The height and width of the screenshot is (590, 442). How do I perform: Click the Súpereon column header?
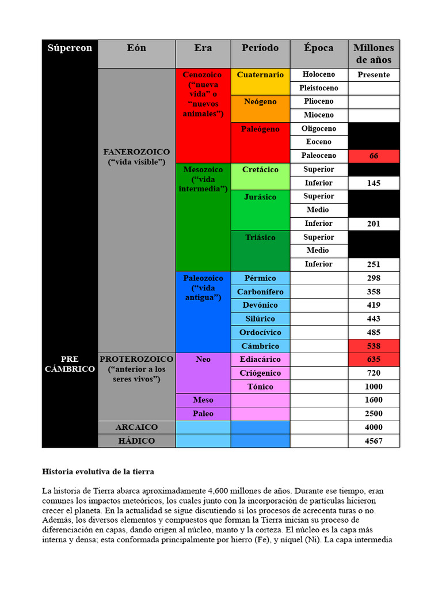tap(70, 48)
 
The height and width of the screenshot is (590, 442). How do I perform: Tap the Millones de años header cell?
tap(374, 54)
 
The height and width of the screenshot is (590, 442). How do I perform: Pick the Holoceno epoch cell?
tap(319, 74)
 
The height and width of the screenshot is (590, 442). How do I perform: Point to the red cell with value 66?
tap(374, 156)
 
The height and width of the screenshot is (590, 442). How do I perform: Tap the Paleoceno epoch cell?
tap(319, 156)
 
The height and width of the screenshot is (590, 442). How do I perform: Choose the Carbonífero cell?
tap(260, 292)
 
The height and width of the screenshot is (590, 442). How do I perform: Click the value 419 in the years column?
tap(374, 305)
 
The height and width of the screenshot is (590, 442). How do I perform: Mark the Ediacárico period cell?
tap(260, 360)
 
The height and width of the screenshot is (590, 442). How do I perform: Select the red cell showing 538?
tap(374, 346)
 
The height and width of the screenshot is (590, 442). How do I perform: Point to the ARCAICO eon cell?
tap(136, 428)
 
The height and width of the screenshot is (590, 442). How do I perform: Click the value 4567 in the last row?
tap(374, 441)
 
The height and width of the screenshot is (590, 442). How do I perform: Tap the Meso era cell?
tap(203, 400)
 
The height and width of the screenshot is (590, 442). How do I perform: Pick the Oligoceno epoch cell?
tap(319, 128)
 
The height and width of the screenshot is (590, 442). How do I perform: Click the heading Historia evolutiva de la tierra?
tap(98, 471)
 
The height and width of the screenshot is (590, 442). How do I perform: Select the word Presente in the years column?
tap(374, 75)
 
